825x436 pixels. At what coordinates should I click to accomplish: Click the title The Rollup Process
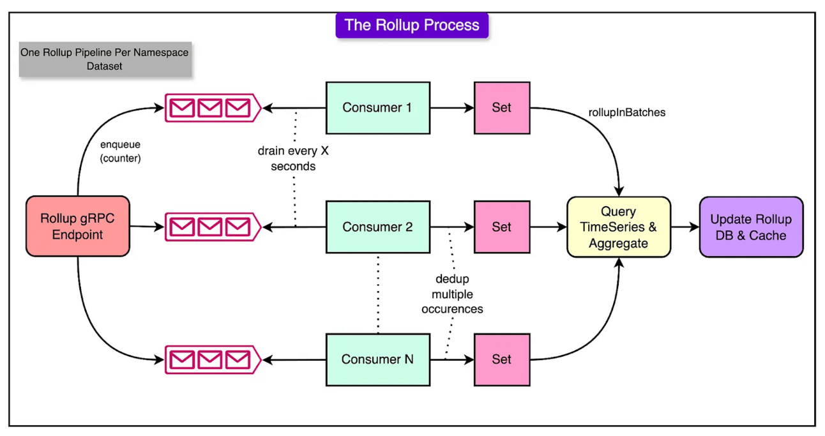[x=412, y=25]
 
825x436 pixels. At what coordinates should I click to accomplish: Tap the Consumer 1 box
[x=377, y=107]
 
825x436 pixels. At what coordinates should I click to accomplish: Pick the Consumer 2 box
[x=377, y=227]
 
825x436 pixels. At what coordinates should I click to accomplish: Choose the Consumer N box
[x=377, y=359]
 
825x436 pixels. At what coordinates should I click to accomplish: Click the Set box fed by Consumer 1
[x=501, y=107]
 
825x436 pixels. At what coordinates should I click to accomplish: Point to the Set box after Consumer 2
[x=501, y=227]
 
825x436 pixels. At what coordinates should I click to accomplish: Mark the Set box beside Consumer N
[x=501, y=359]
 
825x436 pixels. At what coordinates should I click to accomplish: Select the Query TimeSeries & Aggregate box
[x=619, y=227]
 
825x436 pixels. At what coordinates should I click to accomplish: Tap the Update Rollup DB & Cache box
[x=751, y=227]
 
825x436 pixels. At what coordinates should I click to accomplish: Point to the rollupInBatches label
[x=626, y=112]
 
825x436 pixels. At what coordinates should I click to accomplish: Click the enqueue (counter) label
[x=120, y=151]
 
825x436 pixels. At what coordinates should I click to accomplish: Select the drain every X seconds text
[x=292, y=158]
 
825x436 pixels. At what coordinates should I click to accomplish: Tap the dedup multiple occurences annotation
[x=457, y=294]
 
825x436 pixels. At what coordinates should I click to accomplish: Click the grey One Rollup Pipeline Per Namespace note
[x=105, y=59]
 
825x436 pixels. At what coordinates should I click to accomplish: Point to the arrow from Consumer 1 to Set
[x=451, y=108]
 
